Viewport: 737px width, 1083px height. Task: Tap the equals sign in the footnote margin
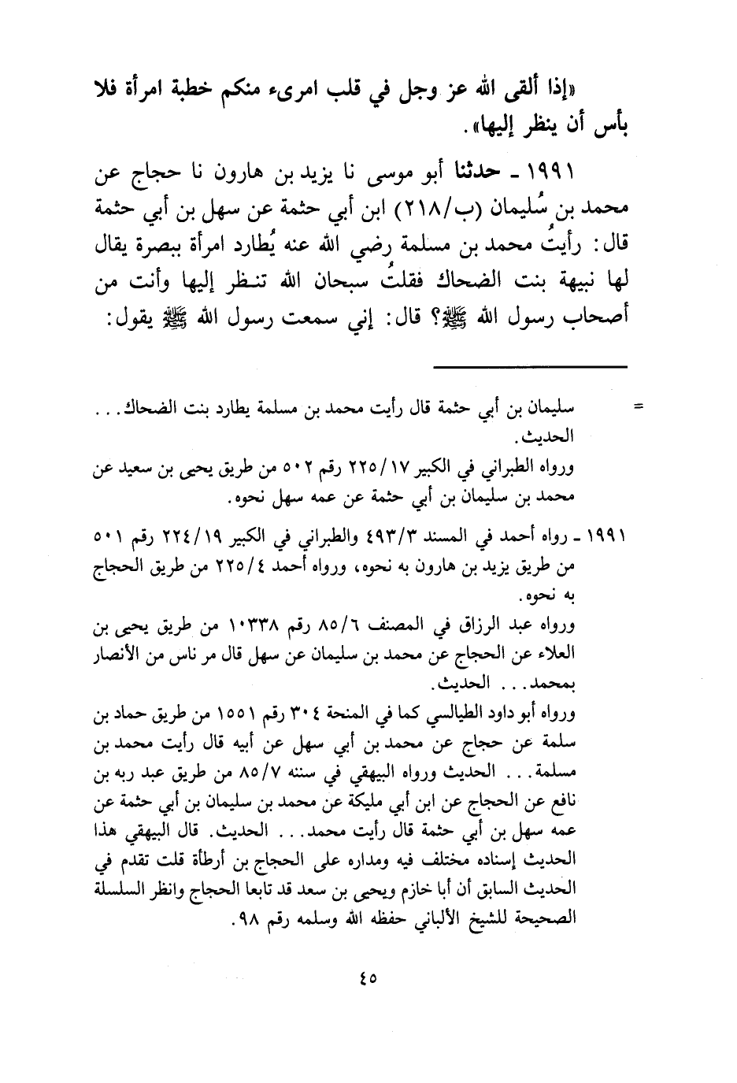[x=639, y=407]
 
